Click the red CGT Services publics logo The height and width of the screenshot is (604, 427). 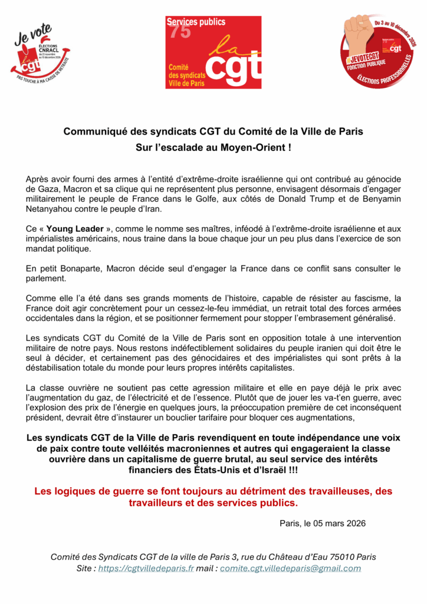click(213, 52)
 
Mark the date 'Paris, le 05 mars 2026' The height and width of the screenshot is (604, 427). click(323, 523)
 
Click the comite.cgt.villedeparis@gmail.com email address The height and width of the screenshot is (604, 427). click(291, 568)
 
